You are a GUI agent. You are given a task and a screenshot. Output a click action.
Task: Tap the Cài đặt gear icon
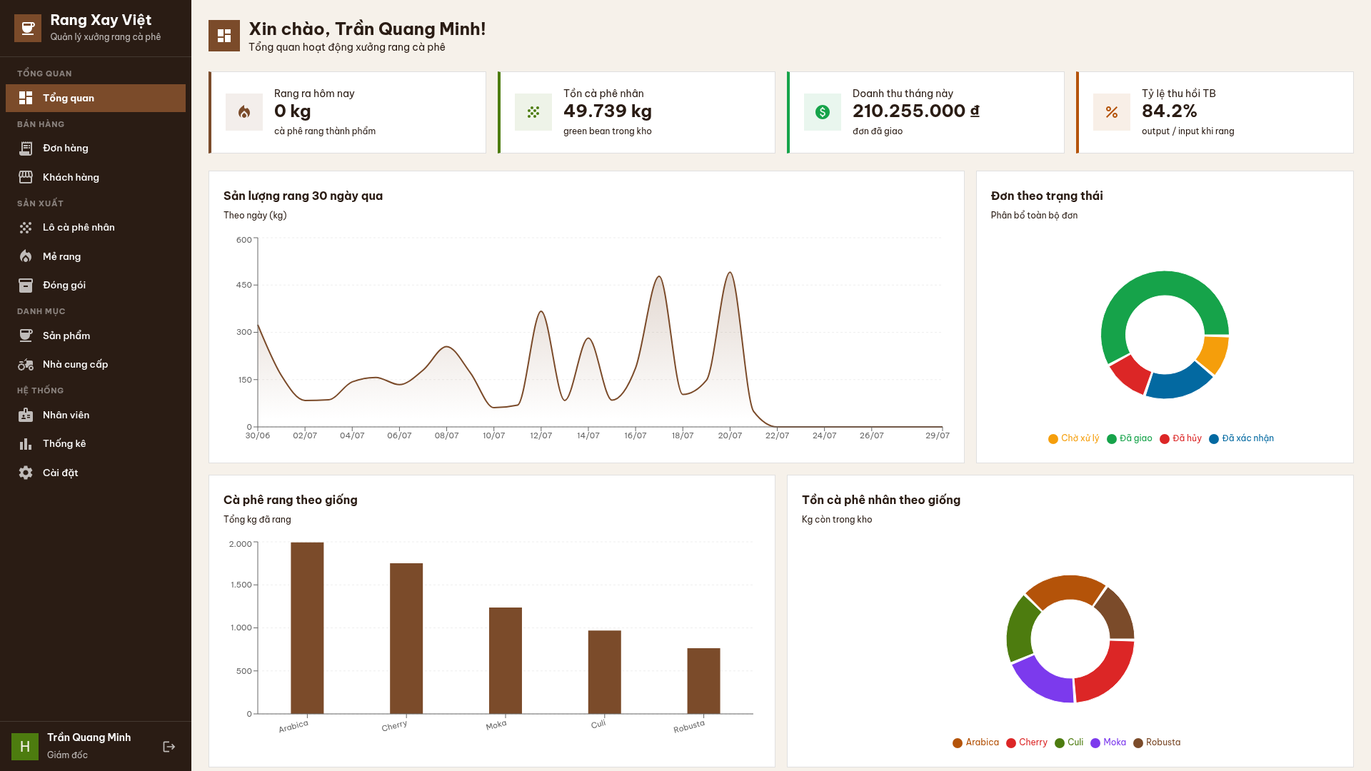click(x=26, y=473)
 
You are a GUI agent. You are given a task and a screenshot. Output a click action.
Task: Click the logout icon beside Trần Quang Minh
click(x=169, y=747)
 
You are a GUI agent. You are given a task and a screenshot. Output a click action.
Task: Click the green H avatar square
click(x=25, y=747)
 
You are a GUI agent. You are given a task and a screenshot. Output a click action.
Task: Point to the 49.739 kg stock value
click(x=608, y=111)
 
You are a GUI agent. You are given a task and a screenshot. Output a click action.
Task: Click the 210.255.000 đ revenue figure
click(x=916, y=111)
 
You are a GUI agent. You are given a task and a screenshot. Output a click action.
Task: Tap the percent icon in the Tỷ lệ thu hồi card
click(x=1112, y=112)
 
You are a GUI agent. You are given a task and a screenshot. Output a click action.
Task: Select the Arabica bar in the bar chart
click(x=307, y=628)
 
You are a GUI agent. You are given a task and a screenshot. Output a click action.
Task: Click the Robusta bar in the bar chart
click(x=703, y=681)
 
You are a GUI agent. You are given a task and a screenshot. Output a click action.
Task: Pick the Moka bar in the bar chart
click(x=506, y=661)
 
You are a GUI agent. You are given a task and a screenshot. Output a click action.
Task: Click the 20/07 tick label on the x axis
click(x=730, y=435)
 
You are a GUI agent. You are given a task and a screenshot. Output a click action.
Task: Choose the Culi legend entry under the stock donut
click(x=1069, y=742)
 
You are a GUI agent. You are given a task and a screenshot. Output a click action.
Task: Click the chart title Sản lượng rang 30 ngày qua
click(x=303, y=196)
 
